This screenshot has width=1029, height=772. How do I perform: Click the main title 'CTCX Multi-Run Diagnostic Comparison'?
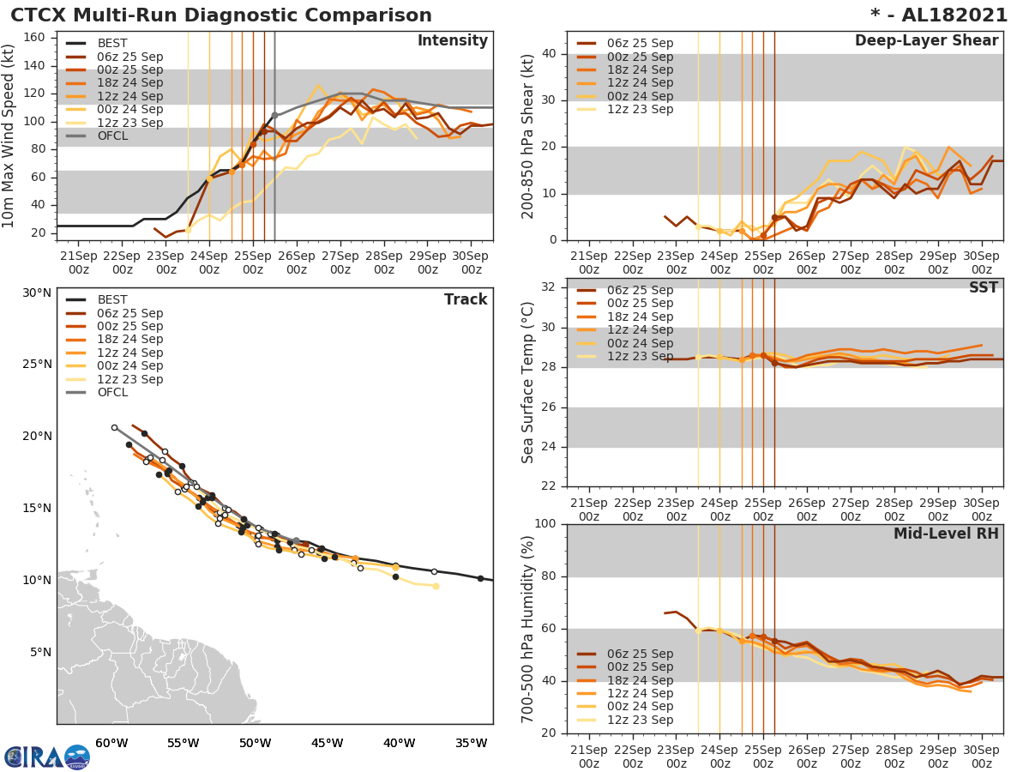(x=221, y=15)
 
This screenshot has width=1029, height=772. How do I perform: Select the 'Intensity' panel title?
(x=452, y=41)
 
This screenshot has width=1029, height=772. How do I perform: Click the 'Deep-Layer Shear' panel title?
(x=926, y=41)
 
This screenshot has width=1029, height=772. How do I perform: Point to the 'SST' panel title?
(x=984, y=287)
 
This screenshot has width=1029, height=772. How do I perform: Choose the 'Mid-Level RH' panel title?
(x=946, y=534)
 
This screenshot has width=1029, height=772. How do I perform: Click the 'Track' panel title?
(x=466, y=299)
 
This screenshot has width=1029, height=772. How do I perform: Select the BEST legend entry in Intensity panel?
(x=112, y=44)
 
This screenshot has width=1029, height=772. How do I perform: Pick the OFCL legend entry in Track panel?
(x=112, y=393)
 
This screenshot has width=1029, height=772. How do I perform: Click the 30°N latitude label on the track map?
(x=37, y=293)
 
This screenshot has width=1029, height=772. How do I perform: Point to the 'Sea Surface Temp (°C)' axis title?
(x=528, y=382)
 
